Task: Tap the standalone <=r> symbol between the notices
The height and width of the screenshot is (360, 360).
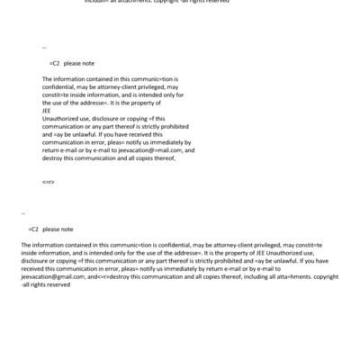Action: point(49,183)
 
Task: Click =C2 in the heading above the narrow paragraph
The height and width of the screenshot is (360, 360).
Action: point(54,63)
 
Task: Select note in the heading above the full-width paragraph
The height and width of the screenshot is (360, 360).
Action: point(66,229)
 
